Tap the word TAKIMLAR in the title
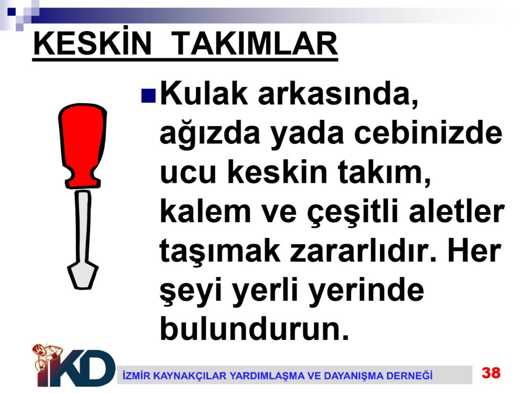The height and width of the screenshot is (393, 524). tap(256, 43)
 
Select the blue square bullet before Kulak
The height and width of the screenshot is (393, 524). tap(148, 95)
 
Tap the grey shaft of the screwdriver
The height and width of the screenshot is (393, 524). tap(82, 227)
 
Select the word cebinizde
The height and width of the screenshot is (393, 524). tap(428, 133)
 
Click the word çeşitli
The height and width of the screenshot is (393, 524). tap(353, 213)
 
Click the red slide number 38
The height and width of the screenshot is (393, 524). tap(491, 373)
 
